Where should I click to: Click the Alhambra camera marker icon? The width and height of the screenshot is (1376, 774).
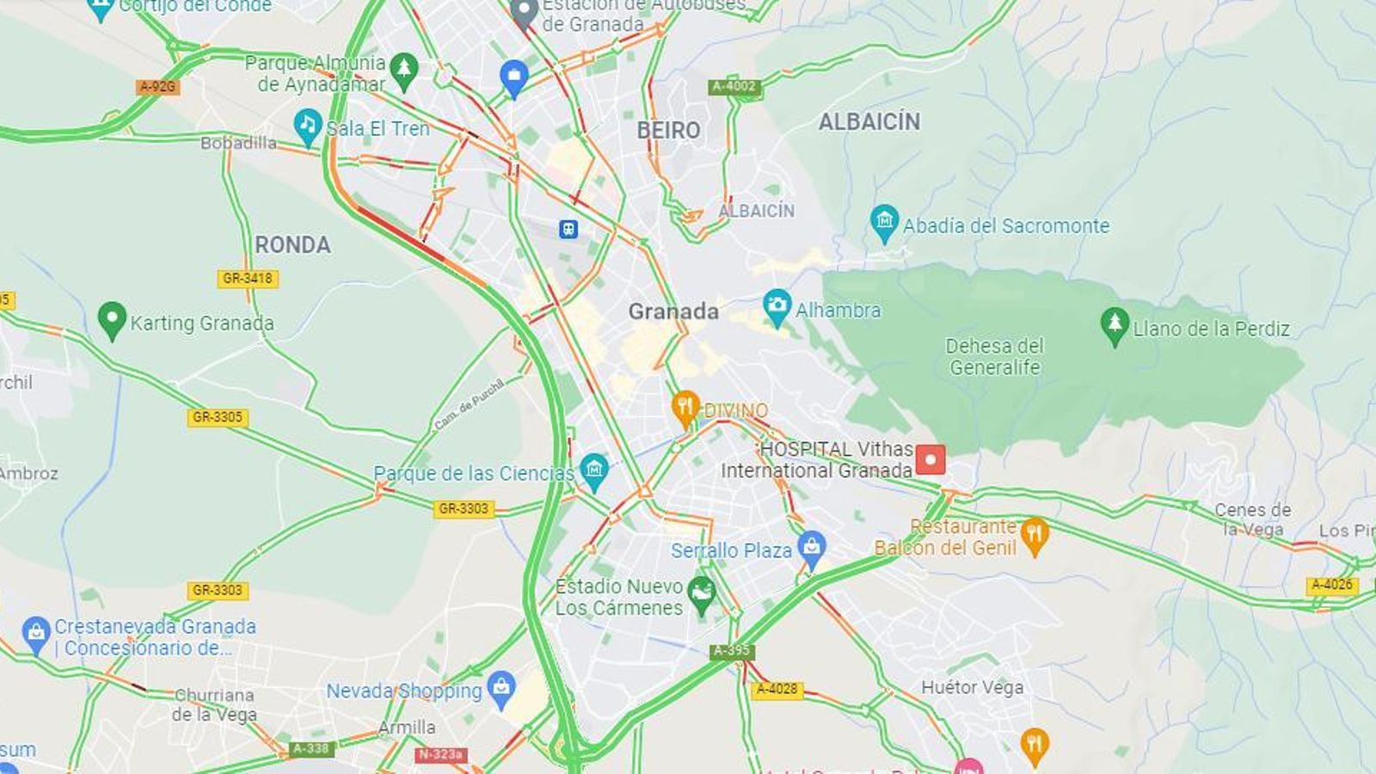coord(777,306)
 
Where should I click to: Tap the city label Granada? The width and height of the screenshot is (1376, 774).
coord(673,311)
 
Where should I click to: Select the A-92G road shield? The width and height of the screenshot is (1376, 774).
coord(157,87)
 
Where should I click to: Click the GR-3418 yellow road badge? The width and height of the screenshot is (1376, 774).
coord(247,278)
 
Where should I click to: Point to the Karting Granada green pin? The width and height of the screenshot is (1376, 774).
coord(112,319)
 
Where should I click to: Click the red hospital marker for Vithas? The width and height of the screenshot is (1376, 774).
coord(930,459)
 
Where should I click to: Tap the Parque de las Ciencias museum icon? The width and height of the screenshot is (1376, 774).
coord(593,470)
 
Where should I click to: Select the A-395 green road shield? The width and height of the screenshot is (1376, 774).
coord(732,650)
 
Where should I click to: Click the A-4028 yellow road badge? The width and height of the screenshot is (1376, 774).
coord(777,689)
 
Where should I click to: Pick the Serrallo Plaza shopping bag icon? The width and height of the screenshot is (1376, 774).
coord(811,547)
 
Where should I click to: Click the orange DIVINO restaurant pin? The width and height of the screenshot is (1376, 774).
coord(685,408)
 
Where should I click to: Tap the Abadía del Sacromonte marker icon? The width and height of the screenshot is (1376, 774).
coord(883,222)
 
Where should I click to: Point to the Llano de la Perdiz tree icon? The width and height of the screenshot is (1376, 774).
coord(1115,325)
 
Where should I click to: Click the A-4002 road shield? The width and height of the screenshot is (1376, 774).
coord(734,86)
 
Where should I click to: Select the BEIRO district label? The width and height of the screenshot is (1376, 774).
coord(668,131)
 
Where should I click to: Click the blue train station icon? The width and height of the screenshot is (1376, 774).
coord(568,229)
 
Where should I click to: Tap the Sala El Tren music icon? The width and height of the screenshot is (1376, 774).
coord(307,126)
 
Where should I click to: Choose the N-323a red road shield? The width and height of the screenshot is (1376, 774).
coord(440,754)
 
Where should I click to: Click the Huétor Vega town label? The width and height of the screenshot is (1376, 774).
coord(972,687)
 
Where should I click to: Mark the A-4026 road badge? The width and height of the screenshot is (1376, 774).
coord(1331,585)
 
